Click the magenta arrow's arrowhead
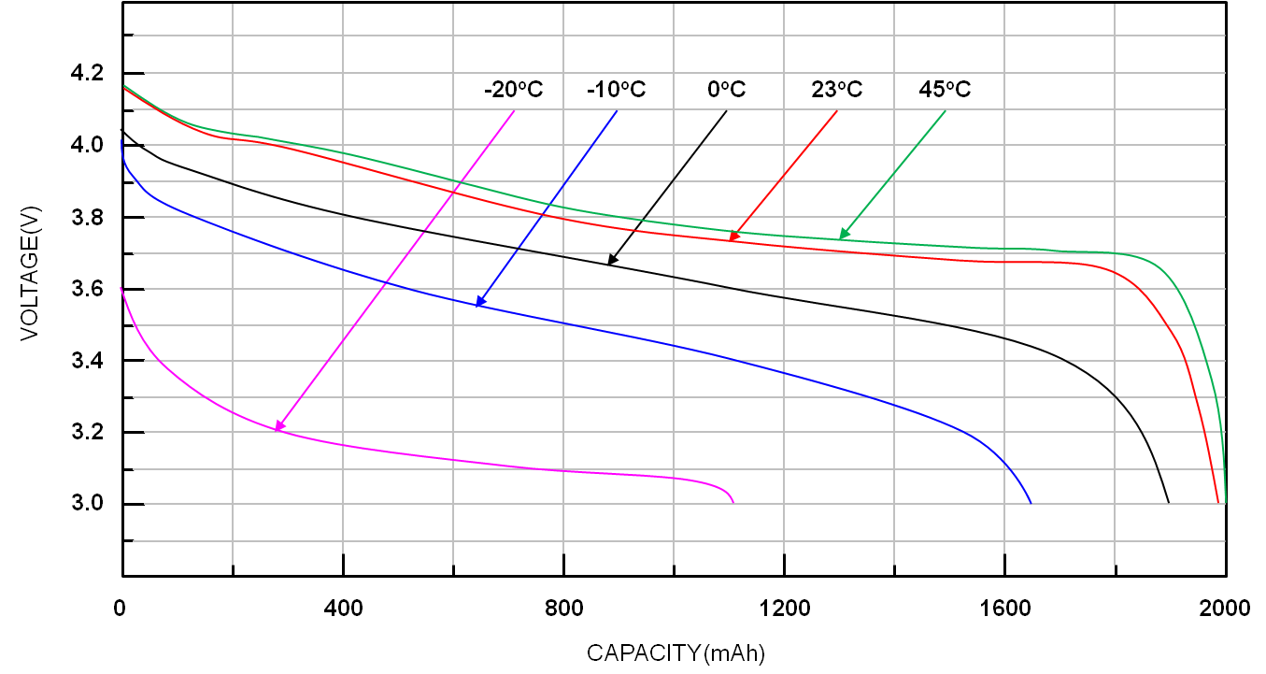coord(277,430)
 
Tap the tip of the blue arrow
coord(477,306)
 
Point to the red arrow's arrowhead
coord(731,241)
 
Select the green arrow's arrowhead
coord(840,238)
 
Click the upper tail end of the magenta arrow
coord(515,110)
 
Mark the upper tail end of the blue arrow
coord(618,110)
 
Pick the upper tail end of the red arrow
coord(837,110)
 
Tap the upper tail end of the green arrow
coord(946,110)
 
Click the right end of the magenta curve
coord(733,502)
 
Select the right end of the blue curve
coord(1031,502)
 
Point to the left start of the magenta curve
coord(121,287)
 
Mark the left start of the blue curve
coord(121,140)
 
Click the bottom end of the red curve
coord(1218,502)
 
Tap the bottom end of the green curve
coord(1225,502)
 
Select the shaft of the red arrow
coord(785,175)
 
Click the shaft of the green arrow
coord(894,174)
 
